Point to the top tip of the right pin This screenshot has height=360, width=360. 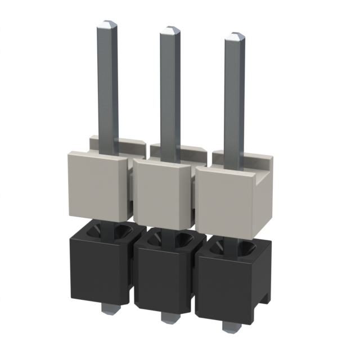235,37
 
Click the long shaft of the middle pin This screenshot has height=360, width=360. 169,90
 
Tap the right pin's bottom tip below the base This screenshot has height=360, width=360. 229,326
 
